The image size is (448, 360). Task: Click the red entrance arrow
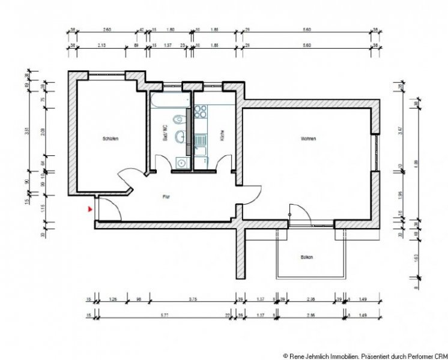89,209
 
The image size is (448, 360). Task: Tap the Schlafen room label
110,139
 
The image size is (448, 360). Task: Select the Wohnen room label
309,139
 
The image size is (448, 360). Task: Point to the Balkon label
307,257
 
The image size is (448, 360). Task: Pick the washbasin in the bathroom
180,139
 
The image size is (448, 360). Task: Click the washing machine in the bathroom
181,161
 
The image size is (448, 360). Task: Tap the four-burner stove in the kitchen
201,113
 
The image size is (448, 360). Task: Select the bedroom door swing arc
127,178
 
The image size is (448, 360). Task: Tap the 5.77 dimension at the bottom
159,314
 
